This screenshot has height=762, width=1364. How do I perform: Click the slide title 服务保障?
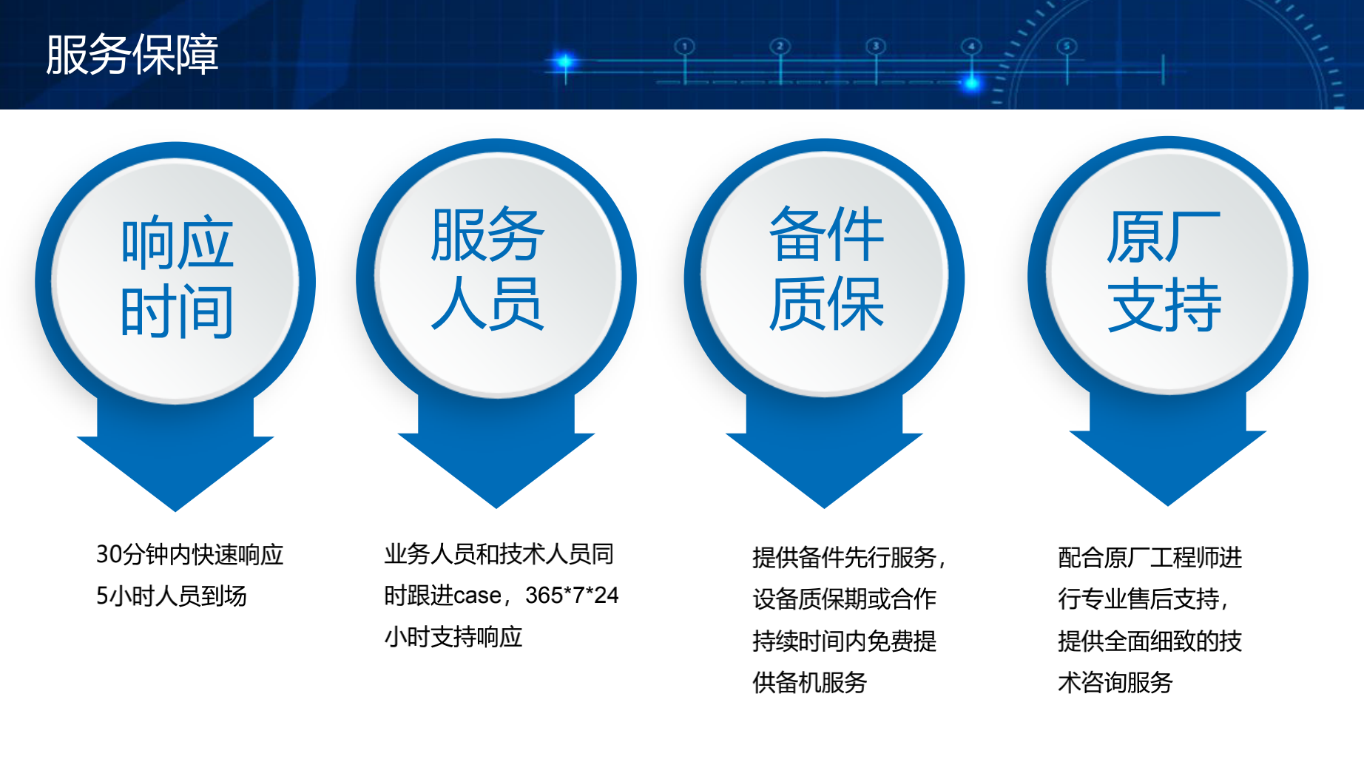[x=132, y=55]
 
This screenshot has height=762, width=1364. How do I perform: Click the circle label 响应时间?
[x=178, y=277]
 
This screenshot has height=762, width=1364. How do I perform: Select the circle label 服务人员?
[x=488, y=268]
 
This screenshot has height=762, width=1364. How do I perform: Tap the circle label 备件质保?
[x=826, y=268]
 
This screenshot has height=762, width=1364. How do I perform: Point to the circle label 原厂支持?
[x=1164, y=271]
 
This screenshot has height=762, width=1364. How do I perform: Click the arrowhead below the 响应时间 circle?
[x=175, y=473]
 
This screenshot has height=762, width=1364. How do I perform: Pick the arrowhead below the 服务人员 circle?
[x=496, y=471]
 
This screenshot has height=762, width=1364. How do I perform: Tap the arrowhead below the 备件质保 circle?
[x=824, y=471]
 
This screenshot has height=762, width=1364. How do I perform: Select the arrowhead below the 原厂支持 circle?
[x=1167, y=468]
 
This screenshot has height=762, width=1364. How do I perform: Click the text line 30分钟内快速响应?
[x=190, y=554]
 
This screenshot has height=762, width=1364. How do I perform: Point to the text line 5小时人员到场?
[x=172, y=596]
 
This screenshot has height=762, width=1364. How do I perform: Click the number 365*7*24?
[x=572, y=595]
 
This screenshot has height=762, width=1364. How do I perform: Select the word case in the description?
[x=477, y=596]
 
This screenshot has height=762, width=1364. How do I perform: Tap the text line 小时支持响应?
[x=453, y=637]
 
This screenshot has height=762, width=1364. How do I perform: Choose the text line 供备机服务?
[x=810, y=682]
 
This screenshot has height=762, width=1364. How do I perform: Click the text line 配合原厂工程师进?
[x=1150, y=557]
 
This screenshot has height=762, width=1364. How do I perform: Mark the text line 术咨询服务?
[x=1115, y=682]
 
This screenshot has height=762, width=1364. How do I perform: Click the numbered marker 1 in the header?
[x=685, y=47]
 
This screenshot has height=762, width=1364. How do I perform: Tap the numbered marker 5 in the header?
[x=1067, y=47]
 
